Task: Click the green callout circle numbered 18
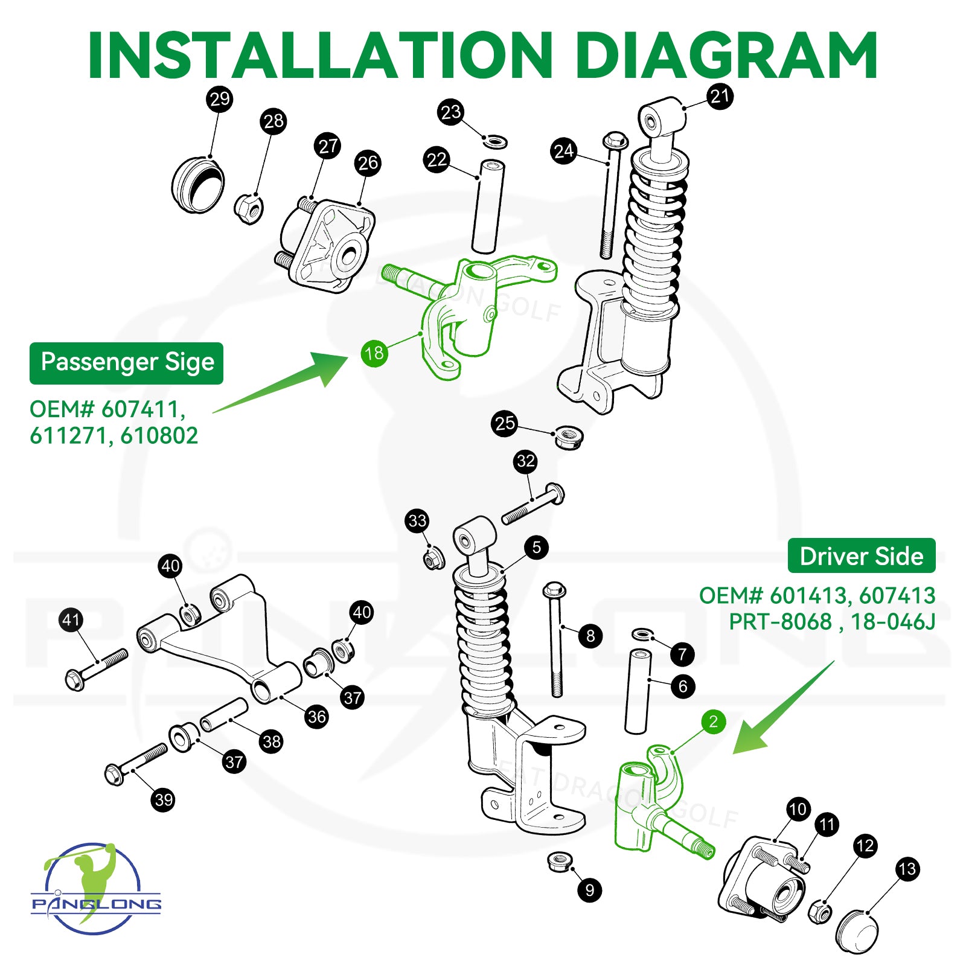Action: tap(374, 353)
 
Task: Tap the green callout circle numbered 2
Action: tap(713, 721)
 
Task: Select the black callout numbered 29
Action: tap(219, 98)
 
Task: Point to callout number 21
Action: tap(720, 96)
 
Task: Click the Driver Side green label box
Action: tap(861, 556)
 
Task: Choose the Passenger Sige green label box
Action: tap(127, 363)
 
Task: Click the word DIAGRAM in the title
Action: tap(726, 56)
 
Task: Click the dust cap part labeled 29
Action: tap(197, 184)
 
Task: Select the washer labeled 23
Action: tap(495, 142)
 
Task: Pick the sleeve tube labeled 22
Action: tap(488, 206)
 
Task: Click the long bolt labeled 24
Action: tap(610, 199)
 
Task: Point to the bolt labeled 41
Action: tap(97, 669)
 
